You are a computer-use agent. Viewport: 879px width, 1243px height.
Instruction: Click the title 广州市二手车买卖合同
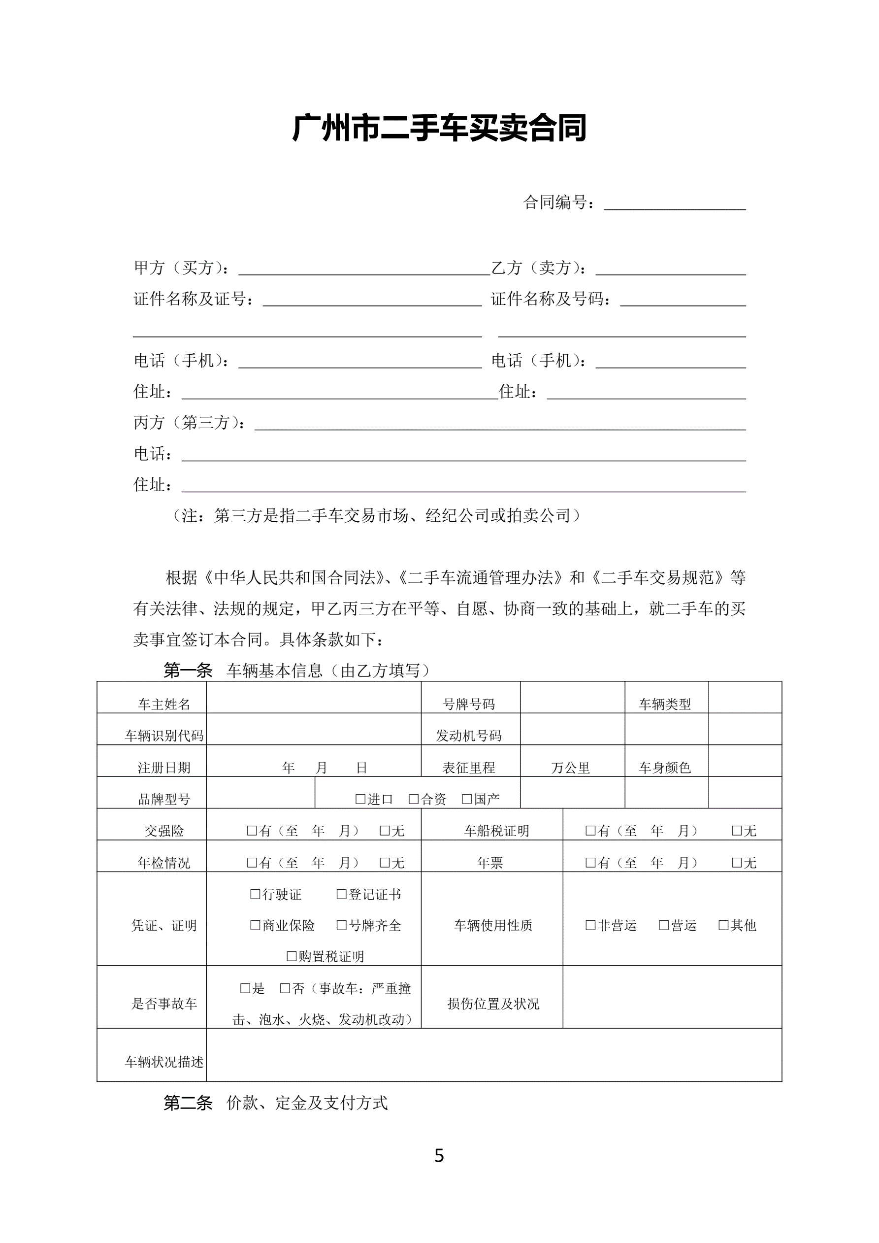point(439,128)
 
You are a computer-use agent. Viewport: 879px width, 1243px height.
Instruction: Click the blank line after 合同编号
point(675,204)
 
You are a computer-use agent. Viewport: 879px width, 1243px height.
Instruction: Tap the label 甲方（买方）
point(181,268)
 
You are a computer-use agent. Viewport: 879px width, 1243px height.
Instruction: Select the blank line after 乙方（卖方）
point(670,269)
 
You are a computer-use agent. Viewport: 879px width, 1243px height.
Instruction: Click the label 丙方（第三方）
point(189,422)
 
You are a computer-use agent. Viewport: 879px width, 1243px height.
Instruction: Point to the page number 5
point(439,1156)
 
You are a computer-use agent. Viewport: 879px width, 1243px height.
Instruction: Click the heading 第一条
point(188,671)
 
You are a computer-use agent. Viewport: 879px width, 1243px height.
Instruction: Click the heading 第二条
point(188,1103)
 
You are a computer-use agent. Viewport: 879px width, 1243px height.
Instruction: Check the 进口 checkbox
point(360,799)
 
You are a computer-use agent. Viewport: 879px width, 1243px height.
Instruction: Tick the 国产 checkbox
point(466,799)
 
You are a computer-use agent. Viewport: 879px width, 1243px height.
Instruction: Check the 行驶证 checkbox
point(256,894)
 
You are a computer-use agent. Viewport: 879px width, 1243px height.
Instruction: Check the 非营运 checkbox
point(590,925)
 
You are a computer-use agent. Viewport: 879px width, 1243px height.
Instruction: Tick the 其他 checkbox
point(723,925)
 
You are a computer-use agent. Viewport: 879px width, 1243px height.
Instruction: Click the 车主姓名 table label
point(164,704)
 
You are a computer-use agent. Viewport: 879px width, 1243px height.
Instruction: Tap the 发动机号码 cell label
point(469,735)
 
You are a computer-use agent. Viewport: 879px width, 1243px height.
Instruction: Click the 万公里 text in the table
point(570,768)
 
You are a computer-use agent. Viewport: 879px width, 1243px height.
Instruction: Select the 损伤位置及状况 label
point(493,1004)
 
